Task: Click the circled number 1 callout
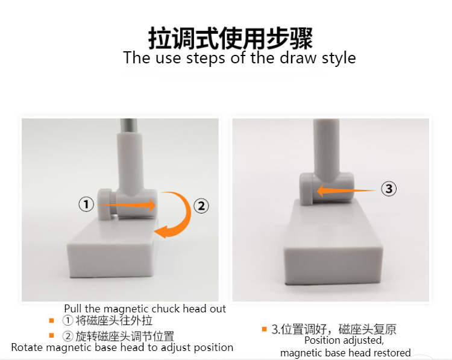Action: coord(87,204)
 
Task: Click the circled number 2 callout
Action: coord(201,206)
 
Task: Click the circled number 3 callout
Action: coord(389,189)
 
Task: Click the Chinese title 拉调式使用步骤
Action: coord(231,38)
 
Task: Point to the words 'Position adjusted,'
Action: coord(343,341)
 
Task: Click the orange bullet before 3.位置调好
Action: coord(264,329)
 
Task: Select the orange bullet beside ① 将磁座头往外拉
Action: coord(52,320)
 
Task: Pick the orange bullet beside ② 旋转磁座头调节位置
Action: coord(52,335)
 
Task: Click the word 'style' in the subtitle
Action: coord(338,58)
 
